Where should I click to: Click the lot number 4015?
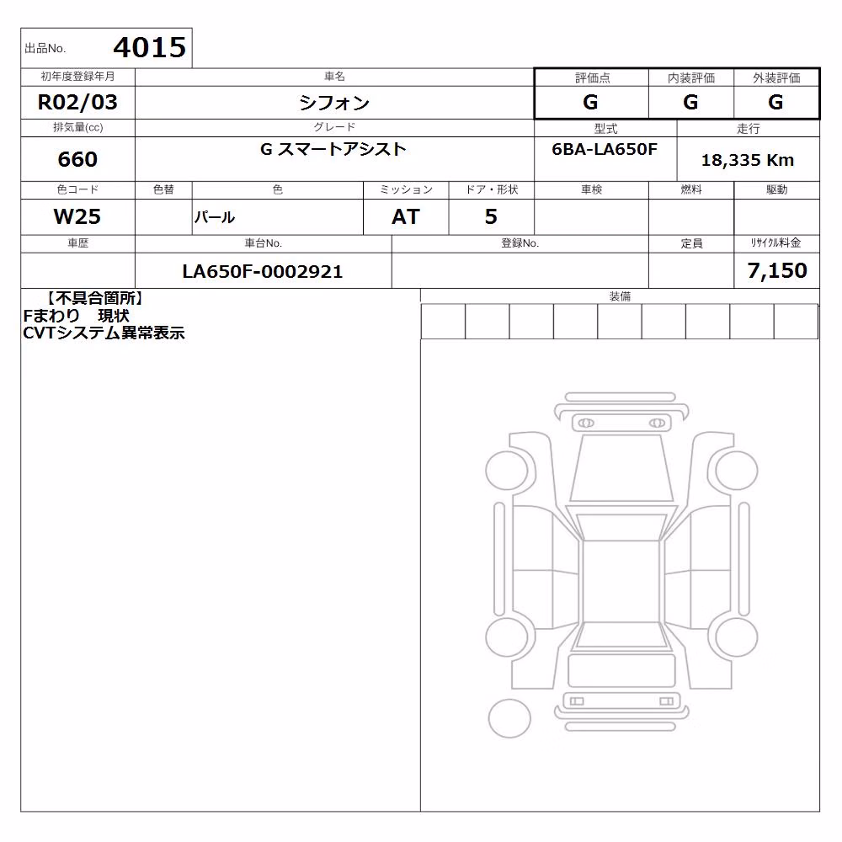[150, 48]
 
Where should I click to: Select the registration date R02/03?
[77, 102]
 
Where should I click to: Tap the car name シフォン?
[334, 103]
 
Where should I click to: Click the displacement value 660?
[77, 159]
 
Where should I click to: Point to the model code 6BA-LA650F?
[605, 149]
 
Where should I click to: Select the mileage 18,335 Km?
[748, 160]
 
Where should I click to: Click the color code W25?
[77, 216]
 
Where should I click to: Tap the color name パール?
[214, 217]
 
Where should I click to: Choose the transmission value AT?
[406, 216]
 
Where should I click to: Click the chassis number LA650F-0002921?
[263, 271]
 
